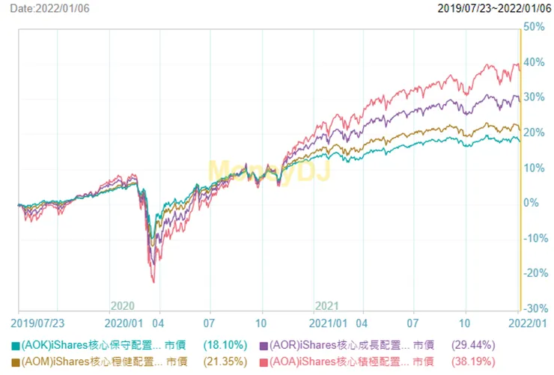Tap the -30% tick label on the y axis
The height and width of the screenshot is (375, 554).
(x=535, y=308)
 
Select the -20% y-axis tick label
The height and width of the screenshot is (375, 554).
(x=535, y=273)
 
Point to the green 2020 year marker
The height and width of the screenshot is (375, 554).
(x=122, y=306)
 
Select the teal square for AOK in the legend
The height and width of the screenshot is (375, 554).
(x=16, y=347)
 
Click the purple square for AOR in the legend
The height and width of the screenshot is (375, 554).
(x=264, y=347)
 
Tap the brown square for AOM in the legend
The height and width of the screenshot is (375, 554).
(x=16, y=362)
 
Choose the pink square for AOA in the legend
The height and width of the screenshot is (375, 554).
(x=264, y=362)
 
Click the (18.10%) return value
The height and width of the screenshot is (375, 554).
(x=225, y=347)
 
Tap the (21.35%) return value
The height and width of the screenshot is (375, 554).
(x=225, y=362)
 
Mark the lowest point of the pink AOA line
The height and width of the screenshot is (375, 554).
(x=153, y=282)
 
